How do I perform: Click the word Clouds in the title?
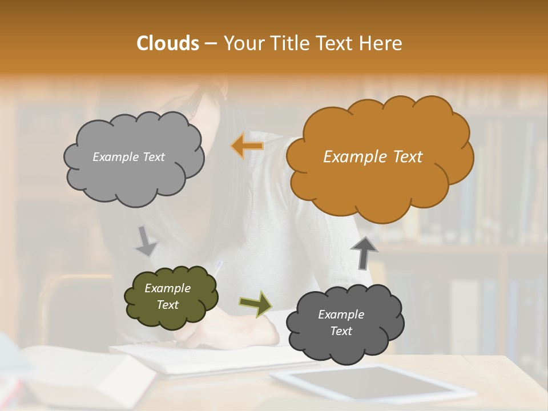tap(168, 43)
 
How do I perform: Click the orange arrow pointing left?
tap(247, 146)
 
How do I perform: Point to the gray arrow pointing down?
tap(146, 240)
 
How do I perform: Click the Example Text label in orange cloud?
tap(373, 157)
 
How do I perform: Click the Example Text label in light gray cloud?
tap(128, 157)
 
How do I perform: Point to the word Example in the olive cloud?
tap(167, 288)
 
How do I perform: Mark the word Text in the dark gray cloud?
tap(341, 331)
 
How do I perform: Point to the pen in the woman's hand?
tap(217, 268)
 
